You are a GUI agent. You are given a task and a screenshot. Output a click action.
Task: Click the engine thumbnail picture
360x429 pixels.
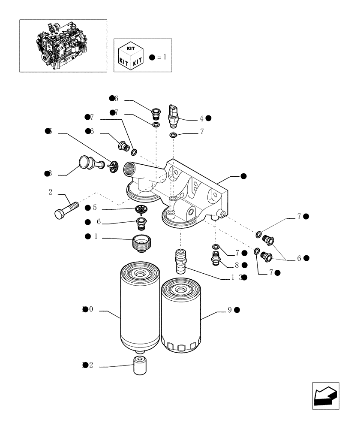pyautogui.click(x=63, y=45)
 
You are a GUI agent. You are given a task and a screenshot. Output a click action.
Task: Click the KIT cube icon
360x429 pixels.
pyautogui.click(x=130, y=56)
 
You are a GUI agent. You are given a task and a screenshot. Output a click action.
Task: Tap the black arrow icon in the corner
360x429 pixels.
pyautogui.click(x=325, y=396)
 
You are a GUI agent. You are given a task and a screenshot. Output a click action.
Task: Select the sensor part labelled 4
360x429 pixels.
pyautogui.click(x=174, y=116)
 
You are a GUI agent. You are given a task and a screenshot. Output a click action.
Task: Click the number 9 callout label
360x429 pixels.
pyautogui.click(x=230, y=310)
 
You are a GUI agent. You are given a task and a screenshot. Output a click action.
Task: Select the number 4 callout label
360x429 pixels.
pyautogui.click(x=201, y=118)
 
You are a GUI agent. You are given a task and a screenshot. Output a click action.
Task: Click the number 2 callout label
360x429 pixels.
pyautogui.click(x=51, y=192)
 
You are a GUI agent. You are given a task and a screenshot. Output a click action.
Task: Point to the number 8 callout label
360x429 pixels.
pyautogui.click(x=237, y=265)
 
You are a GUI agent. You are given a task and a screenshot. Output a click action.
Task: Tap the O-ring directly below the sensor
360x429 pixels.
pyautogui.click(x=173, y=136)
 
